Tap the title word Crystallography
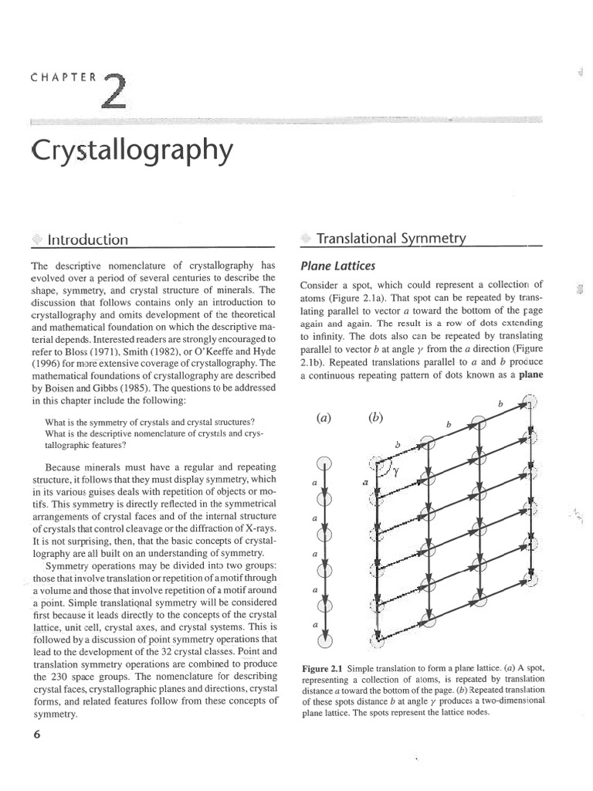point(130,150)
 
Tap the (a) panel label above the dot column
point(324,418)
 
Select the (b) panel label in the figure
point(376,418)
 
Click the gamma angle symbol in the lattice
point(395,474)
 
